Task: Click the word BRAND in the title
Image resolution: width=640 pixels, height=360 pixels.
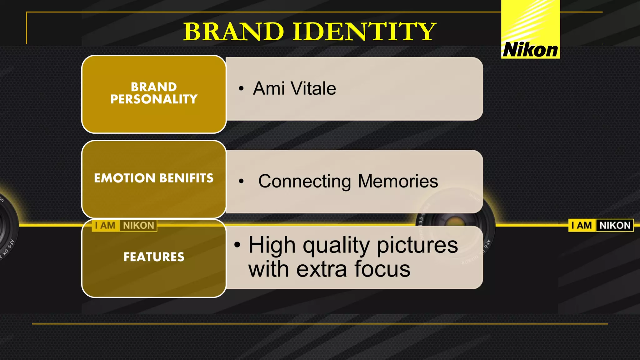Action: coord(233,32)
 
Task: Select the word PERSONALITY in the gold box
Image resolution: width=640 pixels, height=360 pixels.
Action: coord(154,99)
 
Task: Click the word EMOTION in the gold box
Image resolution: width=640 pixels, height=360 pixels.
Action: coord(125,178)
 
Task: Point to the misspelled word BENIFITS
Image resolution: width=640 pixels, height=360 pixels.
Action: coord(186,178)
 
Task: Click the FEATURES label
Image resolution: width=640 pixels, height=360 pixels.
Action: coord(154,257)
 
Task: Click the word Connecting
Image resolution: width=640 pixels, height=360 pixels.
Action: coord(305,181)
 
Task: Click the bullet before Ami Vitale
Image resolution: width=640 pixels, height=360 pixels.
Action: coord(241,89)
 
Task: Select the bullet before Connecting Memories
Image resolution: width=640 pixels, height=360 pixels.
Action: coord(241,181)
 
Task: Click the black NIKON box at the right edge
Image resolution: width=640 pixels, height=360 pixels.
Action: coord(615,225)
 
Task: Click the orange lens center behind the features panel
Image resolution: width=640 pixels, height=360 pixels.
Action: coord(452,222)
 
